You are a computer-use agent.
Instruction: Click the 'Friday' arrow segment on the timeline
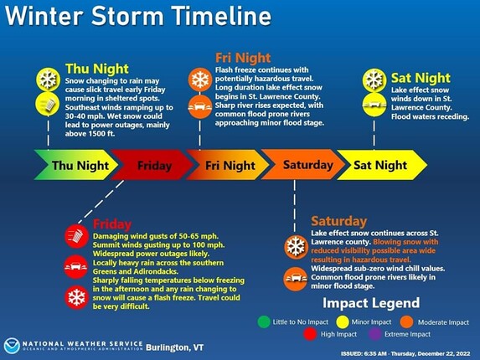[152, 165]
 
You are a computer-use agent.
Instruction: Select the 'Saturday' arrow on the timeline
[303, 165]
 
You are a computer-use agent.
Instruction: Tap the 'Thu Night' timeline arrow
[76, 165]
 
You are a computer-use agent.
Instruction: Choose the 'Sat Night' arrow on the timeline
[382, 165]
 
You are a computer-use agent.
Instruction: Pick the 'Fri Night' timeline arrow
[228, 165]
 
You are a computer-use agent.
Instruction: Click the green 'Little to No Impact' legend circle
[264, 321]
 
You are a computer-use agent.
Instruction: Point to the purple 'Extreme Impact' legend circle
[375, 334]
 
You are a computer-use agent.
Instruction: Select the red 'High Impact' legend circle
[310, 334]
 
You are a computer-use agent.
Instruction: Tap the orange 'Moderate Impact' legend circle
[406, 321]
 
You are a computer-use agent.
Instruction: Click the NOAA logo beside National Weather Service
[12, 347]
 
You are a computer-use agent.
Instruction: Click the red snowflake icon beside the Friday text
[76, 297]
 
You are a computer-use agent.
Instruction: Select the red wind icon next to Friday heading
[76, 236]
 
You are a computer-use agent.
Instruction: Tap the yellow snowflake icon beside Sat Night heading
[374, 80]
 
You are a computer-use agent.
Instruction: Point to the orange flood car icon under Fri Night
[200, 107]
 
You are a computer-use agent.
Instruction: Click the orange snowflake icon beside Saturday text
[296, 247]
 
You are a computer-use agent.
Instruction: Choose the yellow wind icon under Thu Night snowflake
[48, 105]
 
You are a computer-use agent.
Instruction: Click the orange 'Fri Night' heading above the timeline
[243, 58]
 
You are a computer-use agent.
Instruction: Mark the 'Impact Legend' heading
[371, 303]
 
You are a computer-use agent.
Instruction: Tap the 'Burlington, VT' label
[174, 347]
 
